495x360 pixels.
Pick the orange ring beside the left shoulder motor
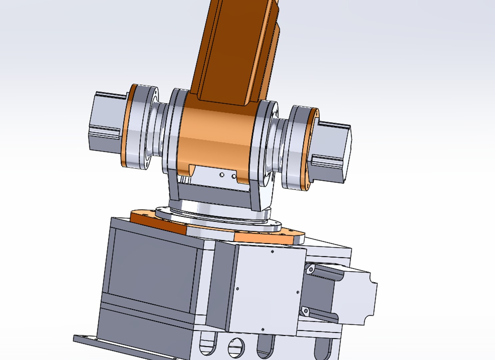click(126, 127)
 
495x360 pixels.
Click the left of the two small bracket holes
click(222, 174)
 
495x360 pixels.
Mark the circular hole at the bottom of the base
click(236, 347)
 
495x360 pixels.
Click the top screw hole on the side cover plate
click(273, 252)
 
